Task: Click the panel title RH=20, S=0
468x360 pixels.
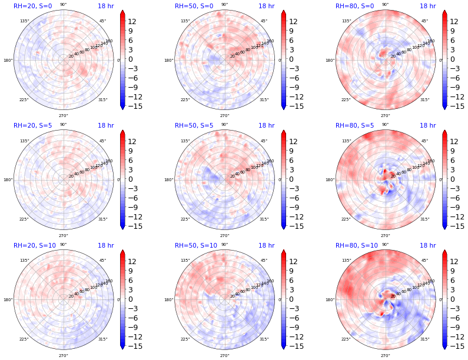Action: tap(32, 6)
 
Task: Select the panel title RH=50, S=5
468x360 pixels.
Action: tap(194, 126)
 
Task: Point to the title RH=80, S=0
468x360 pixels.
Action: tap(354, 6)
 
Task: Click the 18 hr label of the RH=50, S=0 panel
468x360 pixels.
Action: tap(266, 6)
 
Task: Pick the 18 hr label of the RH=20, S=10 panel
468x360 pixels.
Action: tap(105, 246)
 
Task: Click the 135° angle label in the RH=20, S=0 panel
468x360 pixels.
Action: tap(24, 21)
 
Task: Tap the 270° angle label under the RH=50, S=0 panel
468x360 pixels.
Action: tap(224, 116)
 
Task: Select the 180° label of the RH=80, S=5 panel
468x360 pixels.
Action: tap(330, 180)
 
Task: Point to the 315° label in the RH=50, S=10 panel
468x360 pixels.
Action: tap(264, 339)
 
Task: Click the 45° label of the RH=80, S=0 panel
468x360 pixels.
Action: tap(424, 21)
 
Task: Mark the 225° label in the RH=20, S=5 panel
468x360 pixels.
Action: tap(24, 219)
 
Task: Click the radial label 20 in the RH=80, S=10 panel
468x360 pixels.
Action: tap(393, 296)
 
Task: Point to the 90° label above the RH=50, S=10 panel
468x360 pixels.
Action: tap(224, 245)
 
